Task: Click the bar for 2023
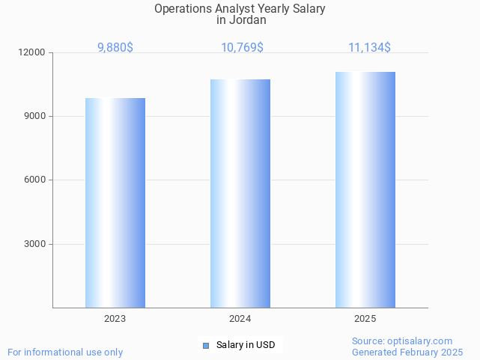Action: tap(115, 203)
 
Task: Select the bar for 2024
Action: tap(240, 193)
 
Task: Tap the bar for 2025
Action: tap(365, 189)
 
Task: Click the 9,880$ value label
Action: tap(115, 48)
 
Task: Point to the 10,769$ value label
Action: tap(242, 48)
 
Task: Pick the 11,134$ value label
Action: tap(369, 48)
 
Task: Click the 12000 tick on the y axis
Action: tap(32, 53)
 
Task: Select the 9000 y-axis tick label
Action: tap(34, 117)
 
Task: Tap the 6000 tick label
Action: tap(34, 180)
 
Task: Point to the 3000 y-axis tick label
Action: tap(34, 244)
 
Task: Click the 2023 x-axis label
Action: tap(115, 319)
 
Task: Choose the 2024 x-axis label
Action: tap(240, 319)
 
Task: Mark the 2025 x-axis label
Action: tap(365, 319)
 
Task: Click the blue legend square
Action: tap(207, 345)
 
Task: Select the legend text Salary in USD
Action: tap(246, 345)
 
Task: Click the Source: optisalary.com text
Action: tap(402, 341)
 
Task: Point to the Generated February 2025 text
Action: tap(407, 353)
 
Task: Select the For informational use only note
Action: tap(65, 353)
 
